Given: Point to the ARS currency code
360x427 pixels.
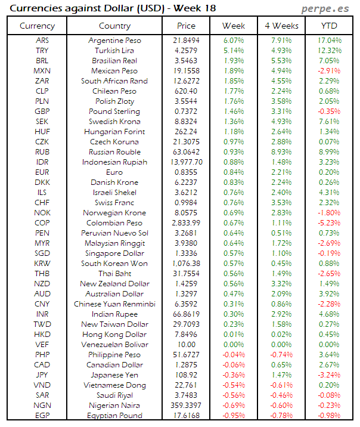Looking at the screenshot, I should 42,41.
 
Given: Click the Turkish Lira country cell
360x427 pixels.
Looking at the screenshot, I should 114,51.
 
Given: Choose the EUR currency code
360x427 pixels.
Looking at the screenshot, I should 42,172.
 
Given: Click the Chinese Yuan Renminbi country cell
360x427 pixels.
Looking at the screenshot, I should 114,304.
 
